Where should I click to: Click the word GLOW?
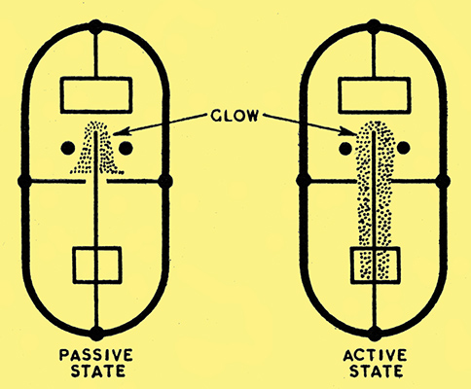click(x=235, y=116)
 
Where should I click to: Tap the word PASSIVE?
click(x=96, y=355)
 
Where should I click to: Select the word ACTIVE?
click(x=375, y=355)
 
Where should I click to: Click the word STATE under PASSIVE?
click(x=98, y=371)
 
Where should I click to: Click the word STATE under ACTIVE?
click(x=377, y=371)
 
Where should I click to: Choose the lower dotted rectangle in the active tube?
click(x=376, y=265)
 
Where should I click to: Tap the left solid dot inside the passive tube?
click(x=68, y=148)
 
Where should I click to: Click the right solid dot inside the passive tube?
click(x=126, y=148)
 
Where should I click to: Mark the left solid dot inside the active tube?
click(x=345, y=149)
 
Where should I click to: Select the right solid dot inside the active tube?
click(x=403, y=148)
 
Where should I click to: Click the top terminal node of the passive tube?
click(x=95, y=27)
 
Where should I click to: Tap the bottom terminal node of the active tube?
click(x=375, y=334)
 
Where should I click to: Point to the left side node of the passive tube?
click(x=24, y=182)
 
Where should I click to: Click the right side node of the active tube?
click(x=443, y=182)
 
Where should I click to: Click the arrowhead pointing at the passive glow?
click(x=120, y=131)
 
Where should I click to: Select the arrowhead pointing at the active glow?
click(x=348, y=132)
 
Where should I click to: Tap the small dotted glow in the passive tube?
click(x=97, y=148)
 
